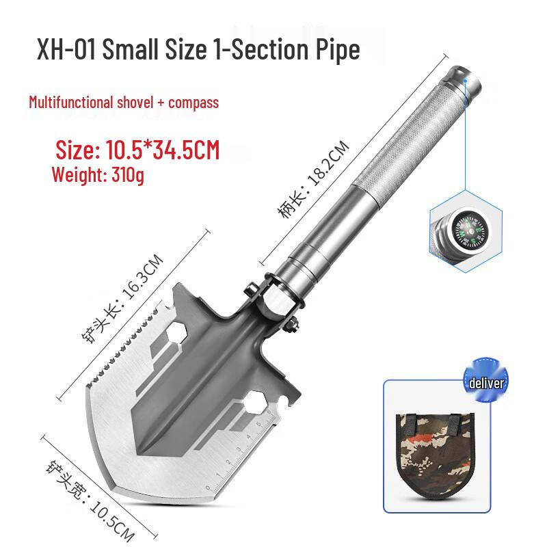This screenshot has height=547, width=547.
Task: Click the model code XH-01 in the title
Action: [66, 49]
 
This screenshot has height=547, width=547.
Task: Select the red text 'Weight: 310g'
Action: [98, 174]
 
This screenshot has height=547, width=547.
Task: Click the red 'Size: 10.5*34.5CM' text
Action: [138, 150]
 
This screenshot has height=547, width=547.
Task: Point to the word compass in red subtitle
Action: [194, 103]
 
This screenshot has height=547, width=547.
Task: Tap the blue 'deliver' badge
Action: [486, 382]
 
